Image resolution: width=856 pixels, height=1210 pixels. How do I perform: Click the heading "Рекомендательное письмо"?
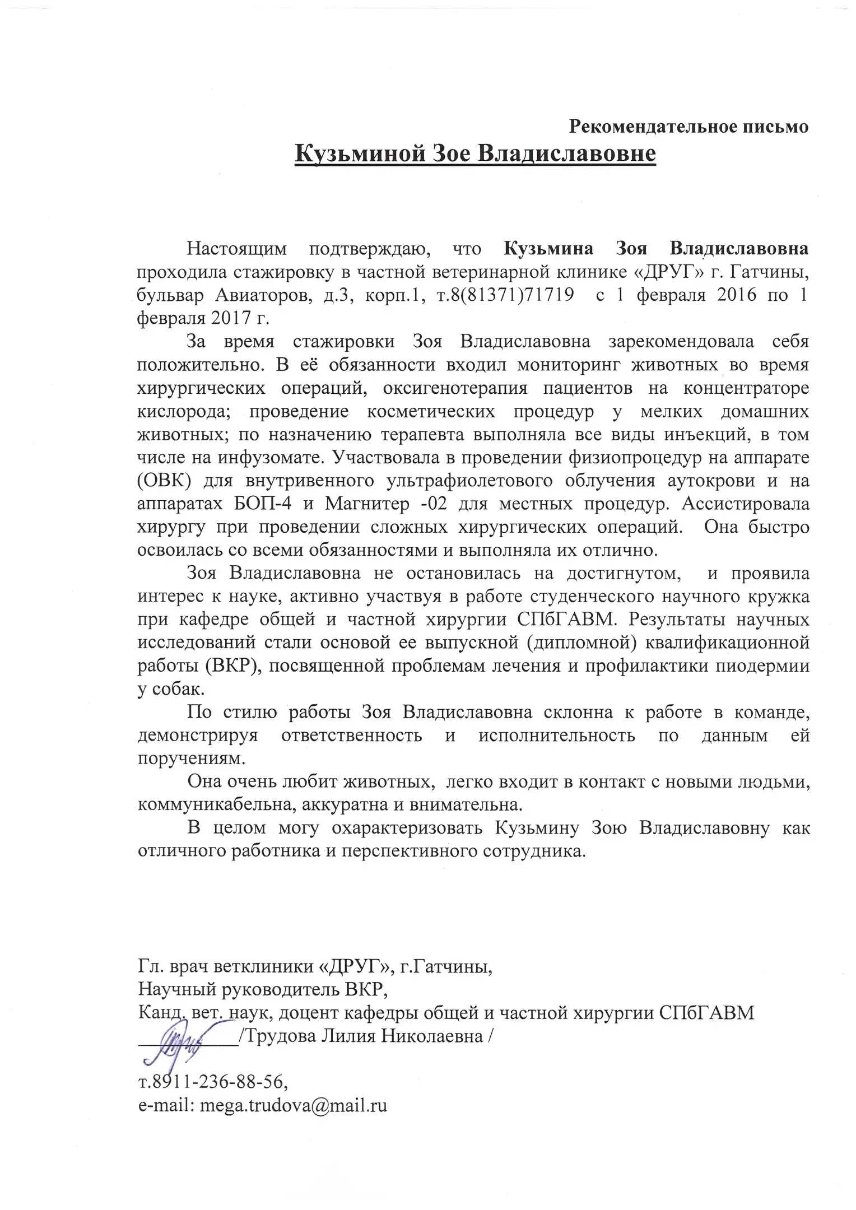coord(688,127)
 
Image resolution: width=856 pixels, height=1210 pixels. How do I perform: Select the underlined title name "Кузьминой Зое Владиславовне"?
coord(475,153)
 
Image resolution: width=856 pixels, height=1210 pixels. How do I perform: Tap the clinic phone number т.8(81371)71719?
coord(504,295)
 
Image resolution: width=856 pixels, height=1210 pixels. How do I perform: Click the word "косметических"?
coord(431,411)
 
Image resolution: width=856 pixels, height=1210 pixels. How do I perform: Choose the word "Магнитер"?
coord(367,504)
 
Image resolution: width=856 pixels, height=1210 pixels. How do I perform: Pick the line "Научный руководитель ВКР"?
coord(263,989)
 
